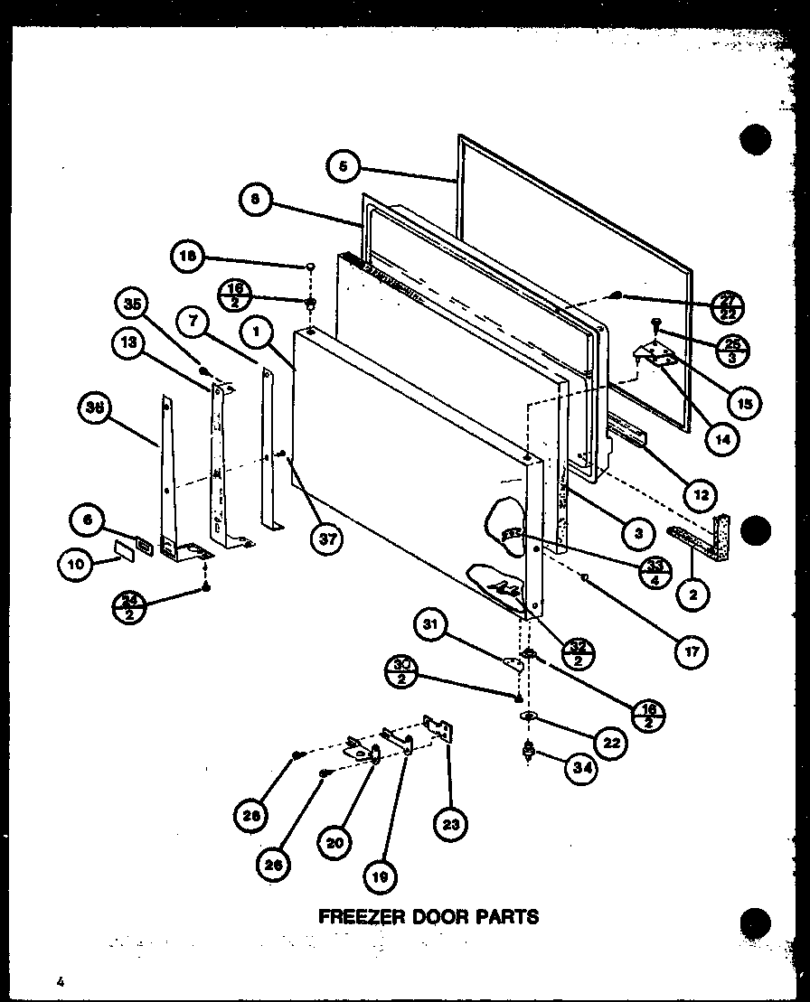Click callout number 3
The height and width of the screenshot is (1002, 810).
coord(638,532)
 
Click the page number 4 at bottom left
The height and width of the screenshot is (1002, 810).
coord(57,981)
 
